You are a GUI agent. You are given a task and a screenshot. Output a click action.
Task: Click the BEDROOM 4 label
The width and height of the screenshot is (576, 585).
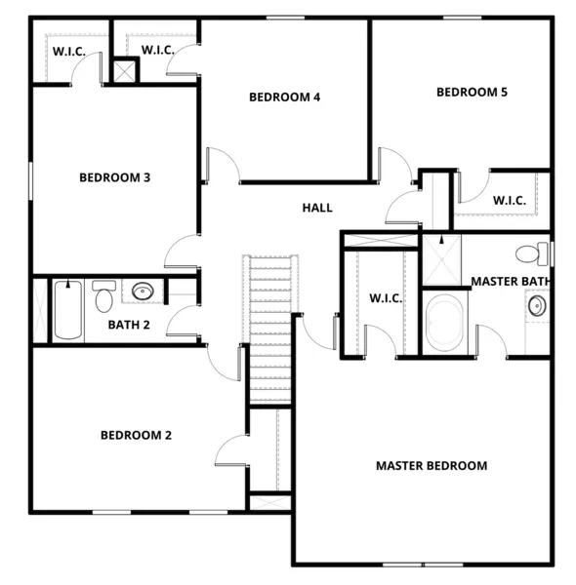[x=285, y=97]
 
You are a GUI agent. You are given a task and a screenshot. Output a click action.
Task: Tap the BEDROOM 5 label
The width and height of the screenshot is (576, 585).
[x=472, y=93]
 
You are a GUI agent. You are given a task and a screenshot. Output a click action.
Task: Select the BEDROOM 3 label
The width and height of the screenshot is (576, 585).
[x=114, y=177]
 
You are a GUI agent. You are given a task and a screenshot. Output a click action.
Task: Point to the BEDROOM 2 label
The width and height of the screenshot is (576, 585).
[x=136, y=435]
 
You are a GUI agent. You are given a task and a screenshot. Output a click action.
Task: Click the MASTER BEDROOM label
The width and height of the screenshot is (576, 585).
[x=432, y=465]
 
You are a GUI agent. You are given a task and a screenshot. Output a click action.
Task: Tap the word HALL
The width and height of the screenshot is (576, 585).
[x=317, y=208]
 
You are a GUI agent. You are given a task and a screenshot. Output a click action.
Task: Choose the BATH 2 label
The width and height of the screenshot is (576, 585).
[x=129, y=325]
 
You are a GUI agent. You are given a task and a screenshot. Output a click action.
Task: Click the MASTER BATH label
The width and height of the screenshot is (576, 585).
[x=512, y=281]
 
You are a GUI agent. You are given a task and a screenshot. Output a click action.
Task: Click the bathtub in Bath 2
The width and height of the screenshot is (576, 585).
[x=67, y=309]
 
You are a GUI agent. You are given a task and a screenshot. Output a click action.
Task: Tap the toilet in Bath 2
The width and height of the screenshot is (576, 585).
[x=103, y=296]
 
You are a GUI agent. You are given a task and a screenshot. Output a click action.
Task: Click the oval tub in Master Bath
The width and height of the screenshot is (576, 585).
[x=447, y=323]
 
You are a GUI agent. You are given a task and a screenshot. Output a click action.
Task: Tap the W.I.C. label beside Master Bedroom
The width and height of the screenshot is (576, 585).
[x=386, y=298]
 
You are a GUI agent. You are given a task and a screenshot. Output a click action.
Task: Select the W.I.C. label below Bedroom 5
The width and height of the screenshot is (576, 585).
[x=510, y=200]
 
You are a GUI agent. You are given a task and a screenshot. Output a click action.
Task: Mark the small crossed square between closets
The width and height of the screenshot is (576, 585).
[x=125, y=70]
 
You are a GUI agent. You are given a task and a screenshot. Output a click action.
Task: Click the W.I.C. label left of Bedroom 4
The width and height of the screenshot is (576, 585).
[x=158, y=50]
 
